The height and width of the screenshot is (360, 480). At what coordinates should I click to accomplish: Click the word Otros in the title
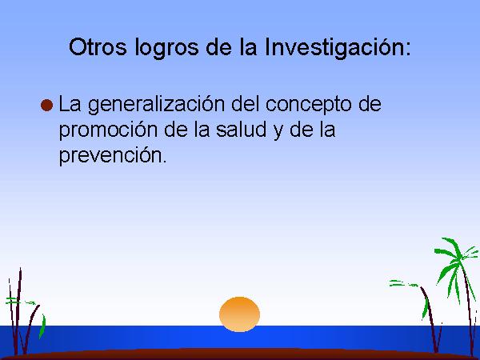98,47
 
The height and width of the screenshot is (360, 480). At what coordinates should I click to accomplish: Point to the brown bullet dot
46,106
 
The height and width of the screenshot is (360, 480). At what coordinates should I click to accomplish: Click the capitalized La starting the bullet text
70,104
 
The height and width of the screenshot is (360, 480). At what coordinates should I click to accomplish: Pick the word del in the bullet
246,103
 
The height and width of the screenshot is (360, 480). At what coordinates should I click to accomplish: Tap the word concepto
308,105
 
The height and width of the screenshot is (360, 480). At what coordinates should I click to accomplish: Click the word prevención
112,155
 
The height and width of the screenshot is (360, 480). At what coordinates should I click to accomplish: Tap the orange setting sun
239,314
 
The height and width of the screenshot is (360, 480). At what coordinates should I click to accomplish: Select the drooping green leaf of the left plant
42,326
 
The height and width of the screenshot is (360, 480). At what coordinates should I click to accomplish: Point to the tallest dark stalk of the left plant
18,310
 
